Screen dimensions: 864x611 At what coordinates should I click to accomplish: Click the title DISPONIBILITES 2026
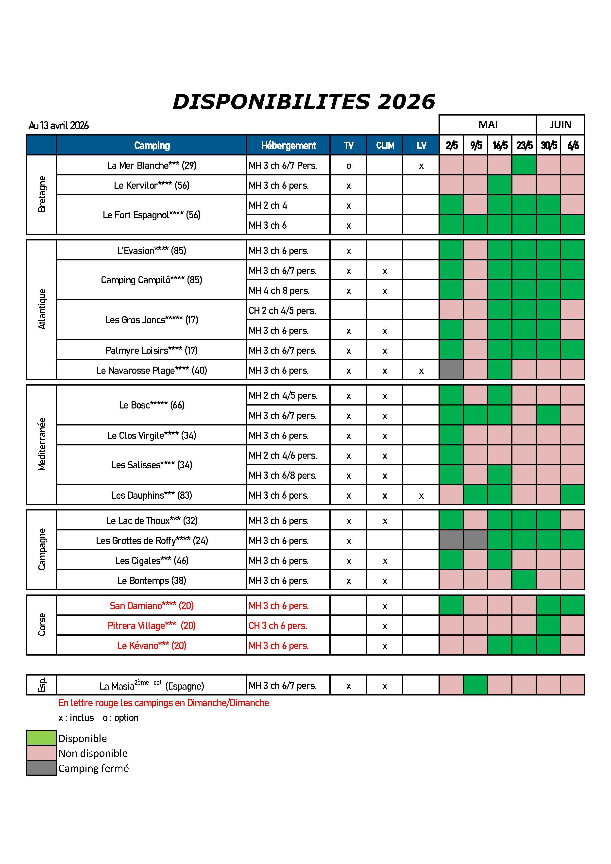coord(304,102)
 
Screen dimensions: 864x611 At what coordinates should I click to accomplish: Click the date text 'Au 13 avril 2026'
coord(59,126)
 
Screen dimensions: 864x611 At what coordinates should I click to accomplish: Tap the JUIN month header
coord(560,125)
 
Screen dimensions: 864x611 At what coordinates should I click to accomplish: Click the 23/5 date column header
coord(524,145)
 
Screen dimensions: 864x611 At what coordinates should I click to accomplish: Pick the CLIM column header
coord(385,145)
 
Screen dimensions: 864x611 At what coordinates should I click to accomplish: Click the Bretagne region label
coord(42,195)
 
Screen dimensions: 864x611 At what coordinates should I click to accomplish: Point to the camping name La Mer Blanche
coord(151,165)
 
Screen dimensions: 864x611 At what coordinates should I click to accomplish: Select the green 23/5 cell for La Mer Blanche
coord(524,165)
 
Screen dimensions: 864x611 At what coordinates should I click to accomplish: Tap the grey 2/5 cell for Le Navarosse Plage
coord(451,370)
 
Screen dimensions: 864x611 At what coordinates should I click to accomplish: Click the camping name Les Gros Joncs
coord(151,320)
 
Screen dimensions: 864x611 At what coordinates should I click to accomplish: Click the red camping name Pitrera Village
coord(151,626)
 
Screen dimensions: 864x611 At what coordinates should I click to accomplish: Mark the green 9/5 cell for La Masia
coord(475,685)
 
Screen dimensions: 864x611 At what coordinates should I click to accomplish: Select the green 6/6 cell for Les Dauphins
coord(572,495)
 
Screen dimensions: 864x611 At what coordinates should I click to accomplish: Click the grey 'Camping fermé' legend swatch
coord(41,768)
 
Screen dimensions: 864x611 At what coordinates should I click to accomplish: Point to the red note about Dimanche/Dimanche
coord(164,703)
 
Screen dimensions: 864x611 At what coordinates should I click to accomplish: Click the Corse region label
coord(42,625)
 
